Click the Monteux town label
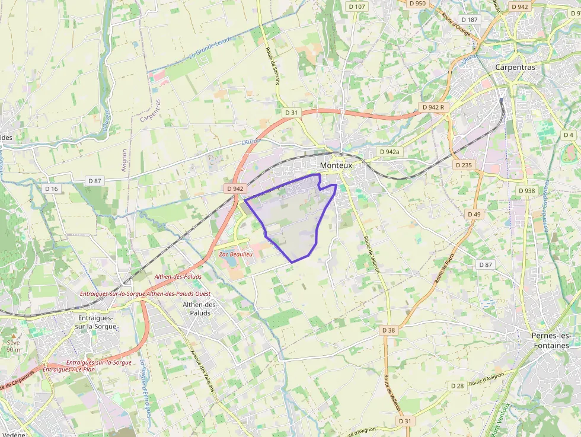[x=336, y=166]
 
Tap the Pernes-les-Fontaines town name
[x=551, y=340]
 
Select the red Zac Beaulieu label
[x=236, y=254]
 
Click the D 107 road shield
[x=357, y=7]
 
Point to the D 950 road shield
[x=417, y=4]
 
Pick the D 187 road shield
[x=469, y=20]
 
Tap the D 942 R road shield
[x=433, y=107]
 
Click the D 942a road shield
[x=389, y=152]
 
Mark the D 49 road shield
[x=474, y=214]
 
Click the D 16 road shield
[x=52, y=189]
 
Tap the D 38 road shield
[x=388, y=330]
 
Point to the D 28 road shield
[x=457, y=386]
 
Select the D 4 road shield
[x=569, y=135]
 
